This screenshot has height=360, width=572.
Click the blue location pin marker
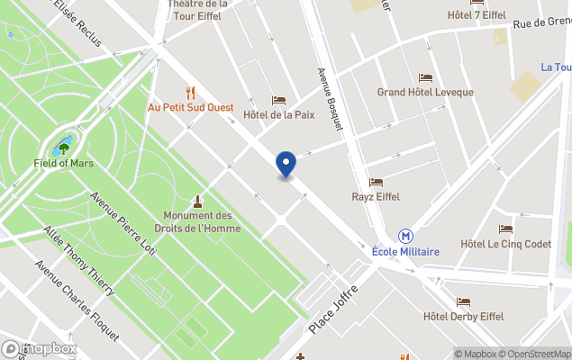[x=286, y=164]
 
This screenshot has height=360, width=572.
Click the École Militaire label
[x=405, y=252]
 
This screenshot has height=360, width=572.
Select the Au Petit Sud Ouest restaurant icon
[x=190, y=92]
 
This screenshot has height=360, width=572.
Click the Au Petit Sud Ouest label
[x=190, y=107]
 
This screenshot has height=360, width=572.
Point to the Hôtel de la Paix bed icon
[x=278, y=100]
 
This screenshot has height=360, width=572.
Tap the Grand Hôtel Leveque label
[x=424, y=93]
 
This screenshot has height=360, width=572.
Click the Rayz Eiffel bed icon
[x=376, y=182]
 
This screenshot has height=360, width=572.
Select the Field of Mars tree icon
[x=64, y=146]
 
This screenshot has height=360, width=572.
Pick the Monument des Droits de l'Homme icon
[x=197, y=200]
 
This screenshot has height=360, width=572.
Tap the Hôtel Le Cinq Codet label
[x=505, y=244]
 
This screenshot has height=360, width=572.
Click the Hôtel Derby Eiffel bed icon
[x=463, y=302]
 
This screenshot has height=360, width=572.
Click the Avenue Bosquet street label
[x=331, y=100]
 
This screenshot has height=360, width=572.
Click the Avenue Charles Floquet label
[x=77, y=301]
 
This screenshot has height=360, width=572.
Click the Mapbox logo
[x=40, y=348]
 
